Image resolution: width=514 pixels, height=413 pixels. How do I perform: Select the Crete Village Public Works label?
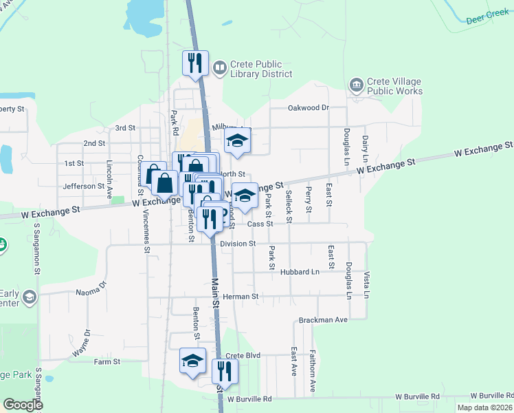pos(395,86)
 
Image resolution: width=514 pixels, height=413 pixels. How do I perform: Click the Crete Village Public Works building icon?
pos(357,85)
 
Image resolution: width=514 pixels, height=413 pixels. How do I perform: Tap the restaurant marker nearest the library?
pos(194,63)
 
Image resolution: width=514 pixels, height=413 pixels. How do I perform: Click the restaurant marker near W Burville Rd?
pos(224,372)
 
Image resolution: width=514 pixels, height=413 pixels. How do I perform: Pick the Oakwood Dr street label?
pos(309,107)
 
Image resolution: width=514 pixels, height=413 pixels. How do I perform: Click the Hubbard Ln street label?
pos(300,272)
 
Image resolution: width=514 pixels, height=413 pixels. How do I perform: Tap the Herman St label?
pos(245,297)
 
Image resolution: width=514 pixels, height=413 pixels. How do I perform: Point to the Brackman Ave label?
pos(323,320)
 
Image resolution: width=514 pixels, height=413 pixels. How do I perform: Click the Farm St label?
pos(107,361)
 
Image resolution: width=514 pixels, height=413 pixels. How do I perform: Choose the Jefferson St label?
pos(83,186)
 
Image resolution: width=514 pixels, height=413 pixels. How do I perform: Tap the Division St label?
pos(238,244)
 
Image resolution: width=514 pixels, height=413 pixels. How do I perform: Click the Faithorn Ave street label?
pos(313,377)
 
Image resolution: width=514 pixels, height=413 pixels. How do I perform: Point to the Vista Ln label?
pos(367,284)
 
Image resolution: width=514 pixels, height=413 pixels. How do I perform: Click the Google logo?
pos(23,405)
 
